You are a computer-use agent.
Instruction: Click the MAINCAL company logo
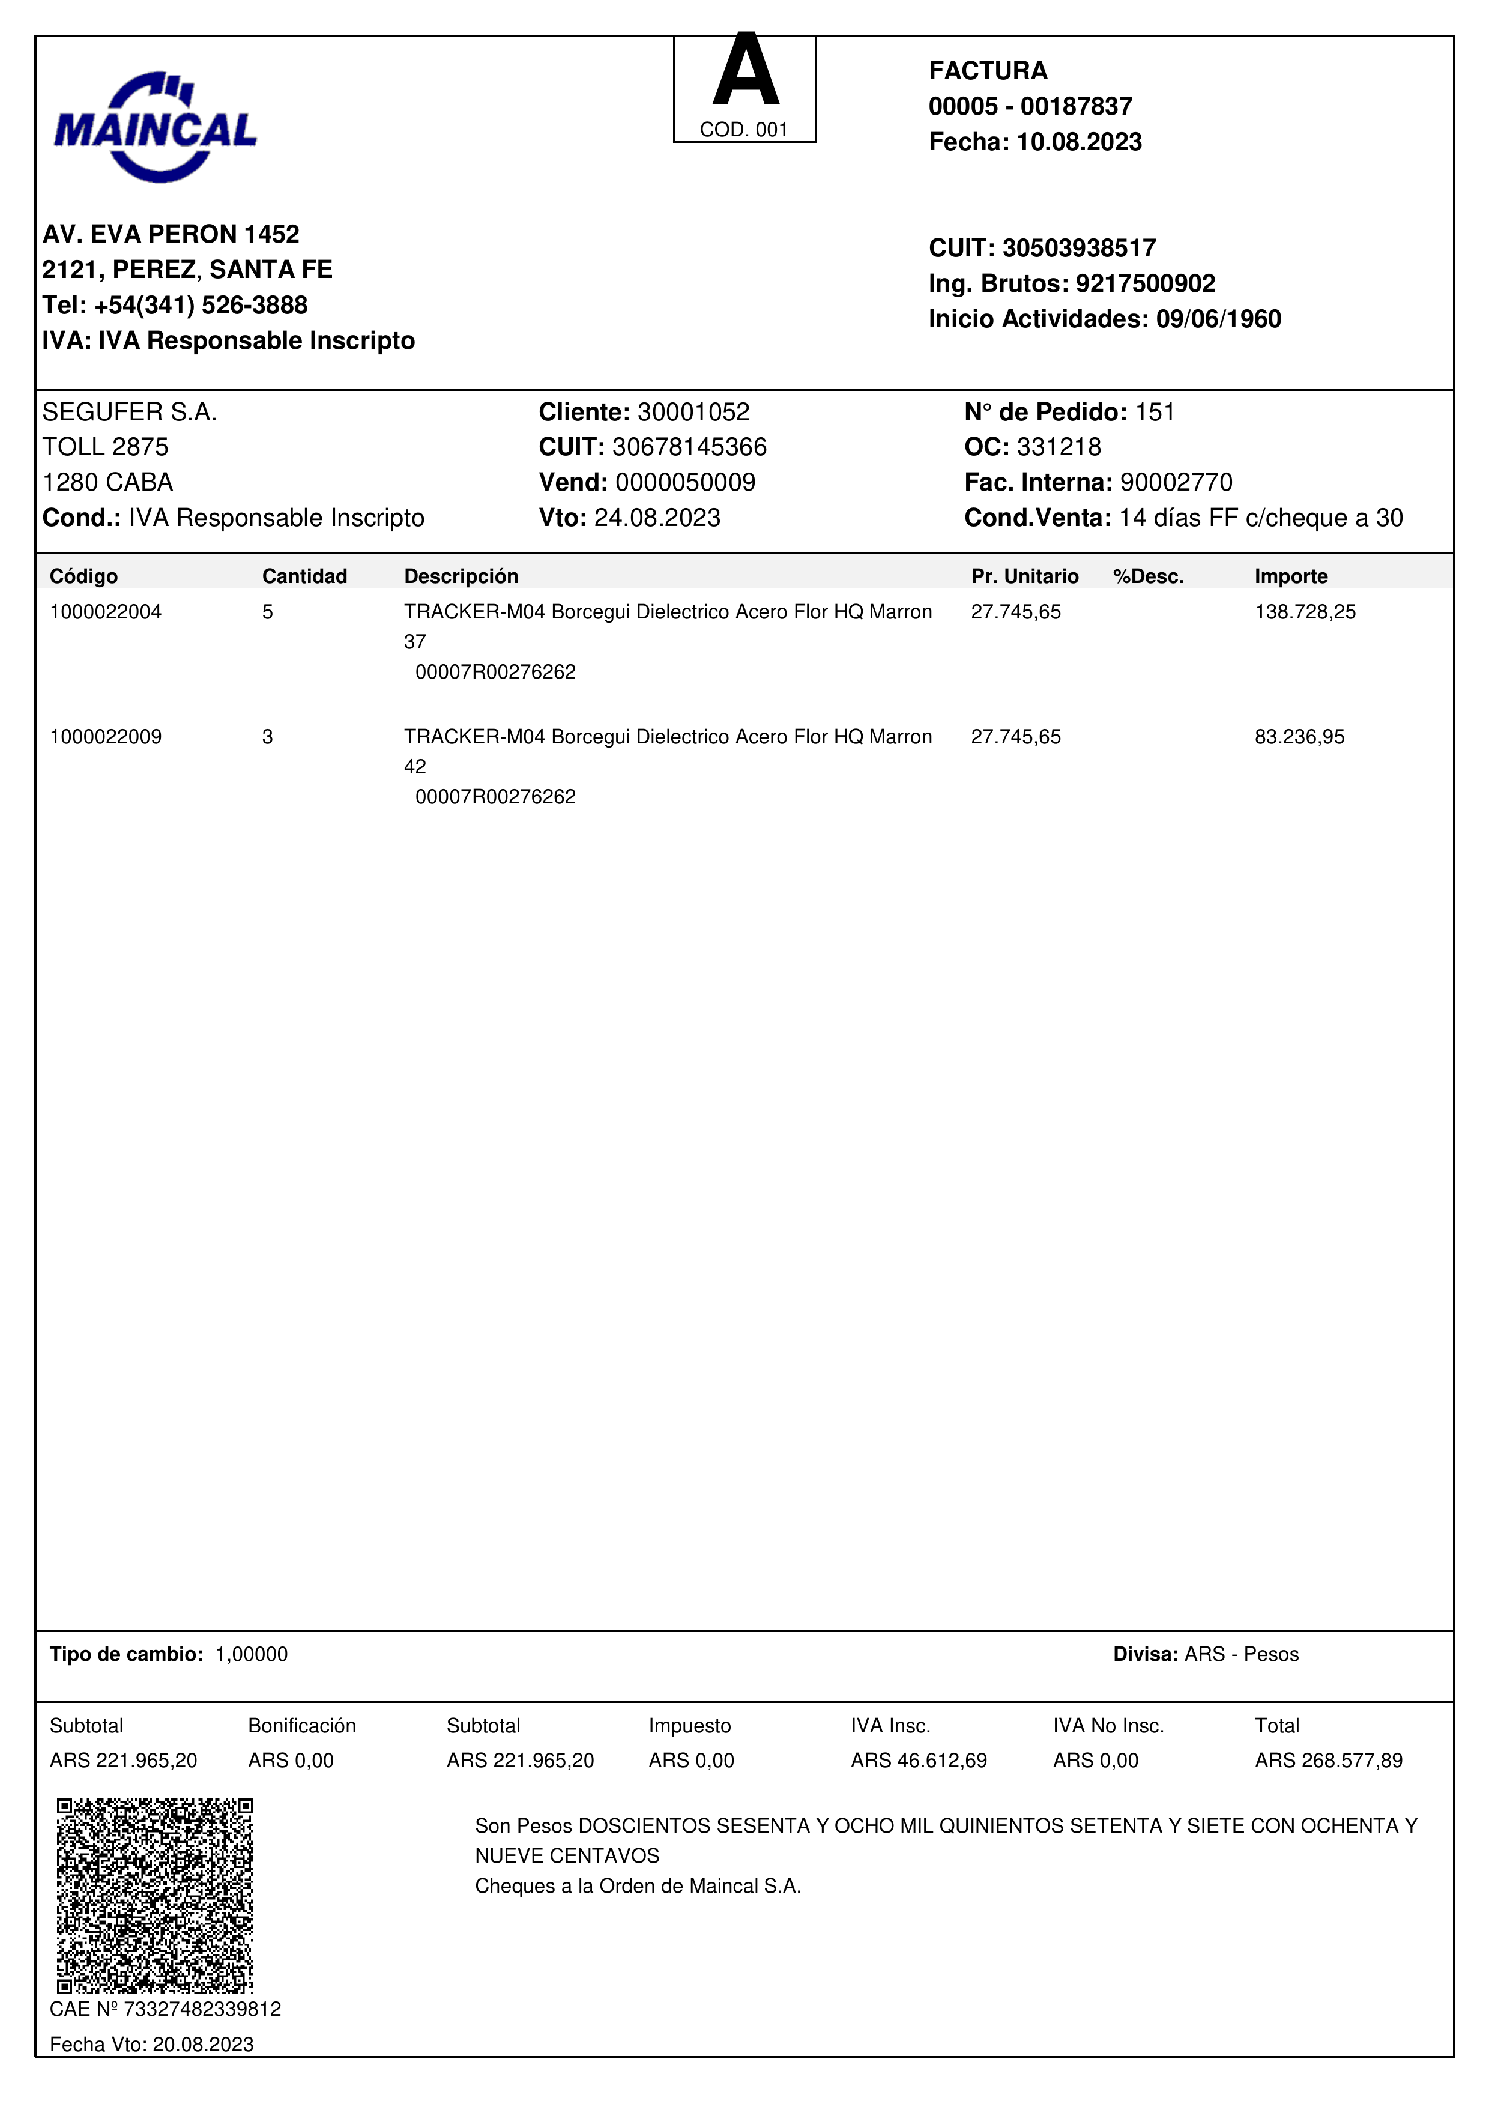pos(155,127)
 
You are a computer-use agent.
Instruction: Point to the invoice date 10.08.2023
pos(1079,142)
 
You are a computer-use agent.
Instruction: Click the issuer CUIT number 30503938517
pos(1079,248)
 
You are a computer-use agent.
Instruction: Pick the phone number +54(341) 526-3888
pos(201,304)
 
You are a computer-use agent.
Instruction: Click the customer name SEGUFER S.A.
pos(129,412)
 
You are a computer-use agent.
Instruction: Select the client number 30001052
pos(693,412)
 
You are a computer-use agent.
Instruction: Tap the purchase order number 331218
pos(1059,447)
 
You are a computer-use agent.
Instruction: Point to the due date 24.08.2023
pos(657,518)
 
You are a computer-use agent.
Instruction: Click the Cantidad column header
pos(304,576)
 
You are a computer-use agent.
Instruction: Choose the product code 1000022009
pos(106,737)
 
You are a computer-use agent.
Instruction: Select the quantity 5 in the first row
pos(267,612)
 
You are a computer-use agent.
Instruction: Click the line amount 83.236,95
pos(1299,737)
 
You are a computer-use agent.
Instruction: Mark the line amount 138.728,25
pos(1305,612)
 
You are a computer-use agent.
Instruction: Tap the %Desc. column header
pos(1148,576)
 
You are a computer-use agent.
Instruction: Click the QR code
pos(155,1895)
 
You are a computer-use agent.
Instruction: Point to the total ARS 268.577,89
pos(1329,1760)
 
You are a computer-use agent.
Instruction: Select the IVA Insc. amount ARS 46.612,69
pos(919,1760)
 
